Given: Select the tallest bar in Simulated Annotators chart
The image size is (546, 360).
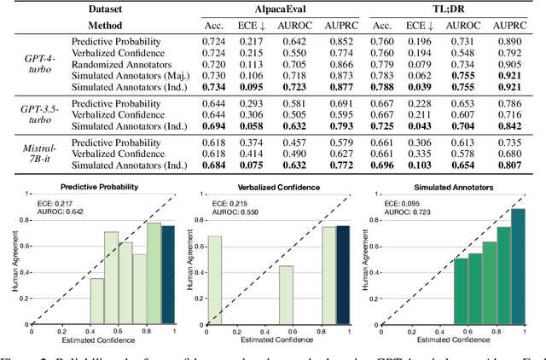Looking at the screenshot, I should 518,265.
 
